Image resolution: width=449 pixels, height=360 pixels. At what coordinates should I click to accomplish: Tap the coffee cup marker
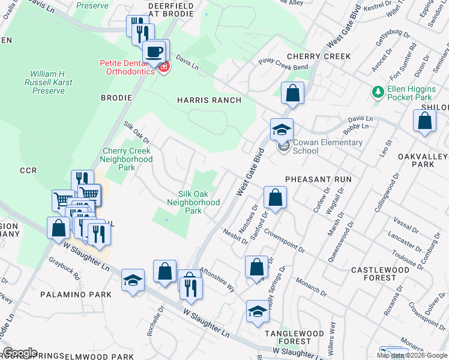155,51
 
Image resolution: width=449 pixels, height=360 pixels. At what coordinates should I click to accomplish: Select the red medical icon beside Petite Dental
163,67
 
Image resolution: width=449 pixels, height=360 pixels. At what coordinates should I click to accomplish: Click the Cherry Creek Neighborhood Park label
127,160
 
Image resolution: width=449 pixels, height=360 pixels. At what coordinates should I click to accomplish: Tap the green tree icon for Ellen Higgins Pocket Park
378,92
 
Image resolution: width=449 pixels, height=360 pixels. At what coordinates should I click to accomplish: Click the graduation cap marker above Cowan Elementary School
281,128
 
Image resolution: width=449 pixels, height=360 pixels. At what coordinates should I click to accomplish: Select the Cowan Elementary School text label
327,146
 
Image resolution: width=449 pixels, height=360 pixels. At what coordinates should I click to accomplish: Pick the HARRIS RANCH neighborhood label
209,100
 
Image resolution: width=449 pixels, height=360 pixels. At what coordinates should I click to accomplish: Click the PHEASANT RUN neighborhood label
318,179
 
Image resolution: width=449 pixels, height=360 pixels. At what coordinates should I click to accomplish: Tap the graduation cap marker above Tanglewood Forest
258,311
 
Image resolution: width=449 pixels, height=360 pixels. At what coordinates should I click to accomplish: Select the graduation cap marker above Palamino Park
133,280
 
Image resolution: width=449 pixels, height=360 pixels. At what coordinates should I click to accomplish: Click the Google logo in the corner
20,352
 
